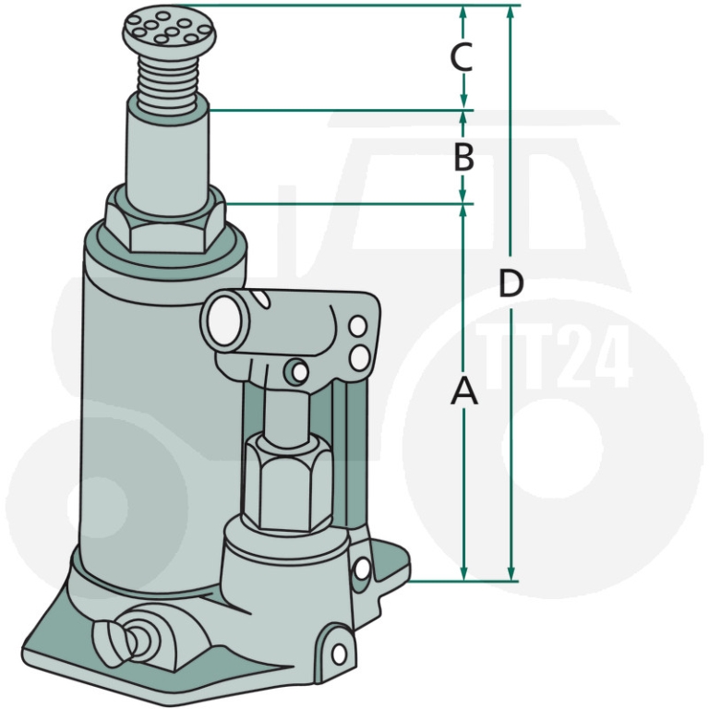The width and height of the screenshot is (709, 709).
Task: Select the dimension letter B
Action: [463, 158]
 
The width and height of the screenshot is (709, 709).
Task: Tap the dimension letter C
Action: [462, 57]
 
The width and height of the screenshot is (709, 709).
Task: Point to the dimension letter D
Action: [511, 283]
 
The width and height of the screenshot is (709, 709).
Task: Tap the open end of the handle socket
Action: [222, 320]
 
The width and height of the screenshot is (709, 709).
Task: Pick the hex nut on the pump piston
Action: [288, 481]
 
